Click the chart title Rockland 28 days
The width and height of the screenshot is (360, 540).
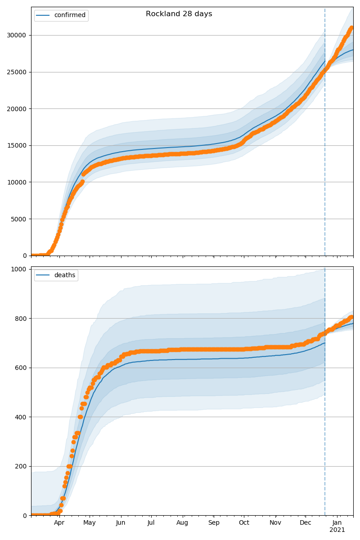179,14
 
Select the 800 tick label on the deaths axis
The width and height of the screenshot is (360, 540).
22,319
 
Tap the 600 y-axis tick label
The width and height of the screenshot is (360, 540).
22,368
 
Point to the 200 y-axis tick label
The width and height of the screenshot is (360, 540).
22,466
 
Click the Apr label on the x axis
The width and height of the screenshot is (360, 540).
59,522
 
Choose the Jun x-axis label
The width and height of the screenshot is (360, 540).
121,522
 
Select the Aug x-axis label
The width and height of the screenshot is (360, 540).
182,522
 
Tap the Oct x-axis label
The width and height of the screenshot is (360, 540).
244,522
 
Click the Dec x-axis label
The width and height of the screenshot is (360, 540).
306,522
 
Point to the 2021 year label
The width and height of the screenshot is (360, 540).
337,530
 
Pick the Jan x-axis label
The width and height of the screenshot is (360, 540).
337,522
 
